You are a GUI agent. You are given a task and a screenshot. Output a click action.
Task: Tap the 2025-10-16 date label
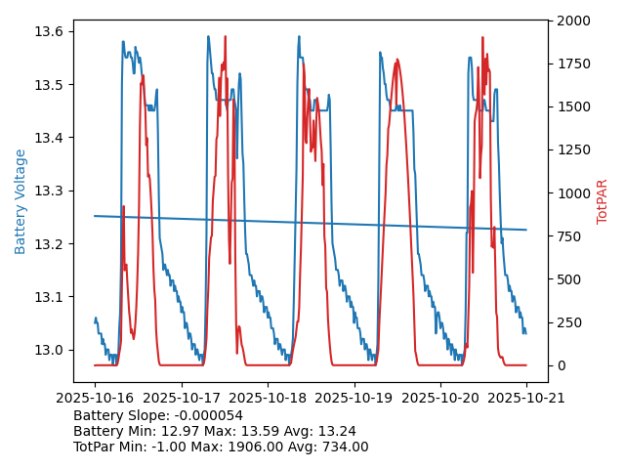[x=95, y=399]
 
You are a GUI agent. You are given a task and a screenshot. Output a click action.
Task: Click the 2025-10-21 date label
[x=526, y=399]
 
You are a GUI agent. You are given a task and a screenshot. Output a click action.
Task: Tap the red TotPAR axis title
[x=603, y=201]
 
